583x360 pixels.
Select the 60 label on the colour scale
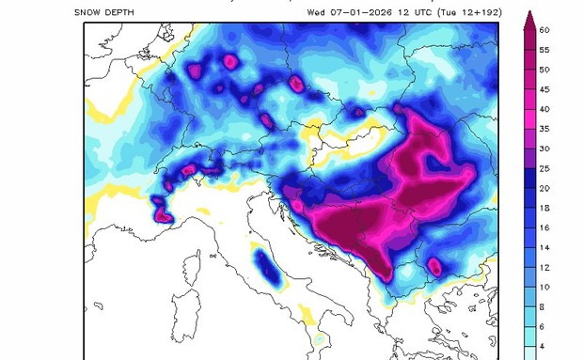544,30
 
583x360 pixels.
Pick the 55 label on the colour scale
544,50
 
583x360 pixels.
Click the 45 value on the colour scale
544,89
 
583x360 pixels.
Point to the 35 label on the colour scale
544,130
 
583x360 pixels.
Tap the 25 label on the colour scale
544,169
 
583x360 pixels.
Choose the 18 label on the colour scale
544,209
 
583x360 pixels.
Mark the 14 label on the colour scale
544,248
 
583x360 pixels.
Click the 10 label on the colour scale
544,288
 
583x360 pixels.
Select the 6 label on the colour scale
544,327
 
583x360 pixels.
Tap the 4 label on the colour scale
544,347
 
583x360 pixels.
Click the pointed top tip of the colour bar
529,13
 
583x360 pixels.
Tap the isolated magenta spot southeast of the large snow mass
434,266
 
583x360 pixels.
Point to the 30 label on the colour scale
544,149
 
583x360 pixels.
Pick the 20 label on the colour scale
544,189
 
